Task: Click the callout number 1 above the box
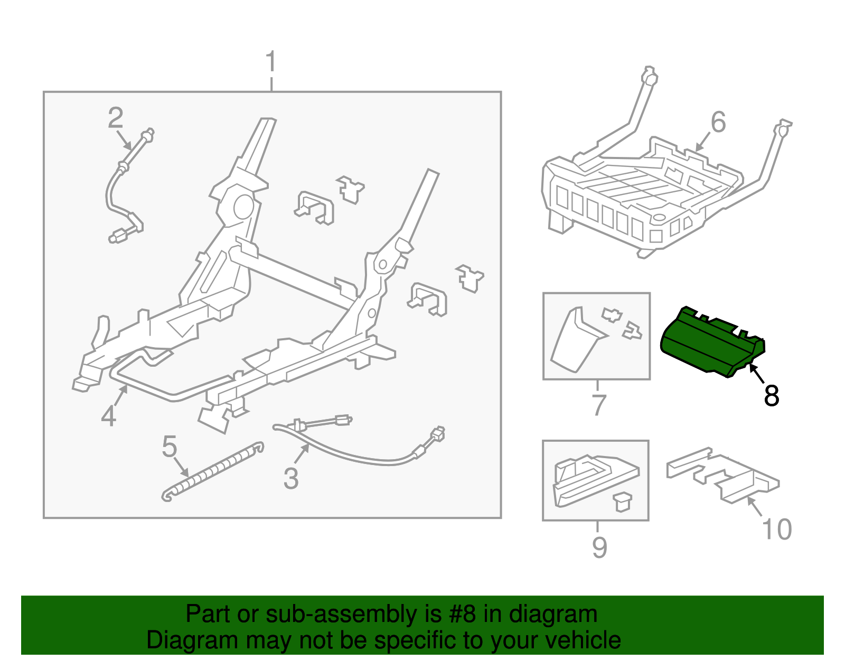tap(271, 62)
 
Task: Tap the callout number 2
tap(115, 118)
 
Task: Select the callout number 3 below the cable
tap(291, 479)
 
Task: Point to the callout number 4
tap(108, 416)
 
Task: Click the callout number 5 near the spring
tap(169, 447)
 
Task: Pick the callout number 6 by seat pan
tap(718, 123)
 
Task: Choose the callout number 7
tap(598, 405)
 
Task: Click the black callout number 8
tap(772, 396)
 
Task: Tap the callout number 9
tap(599, 547)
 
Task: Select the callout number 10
tap(777, 529)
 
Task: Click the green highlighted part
tap(708, 343)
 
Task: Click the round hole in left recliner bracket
tap(242, 206)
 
